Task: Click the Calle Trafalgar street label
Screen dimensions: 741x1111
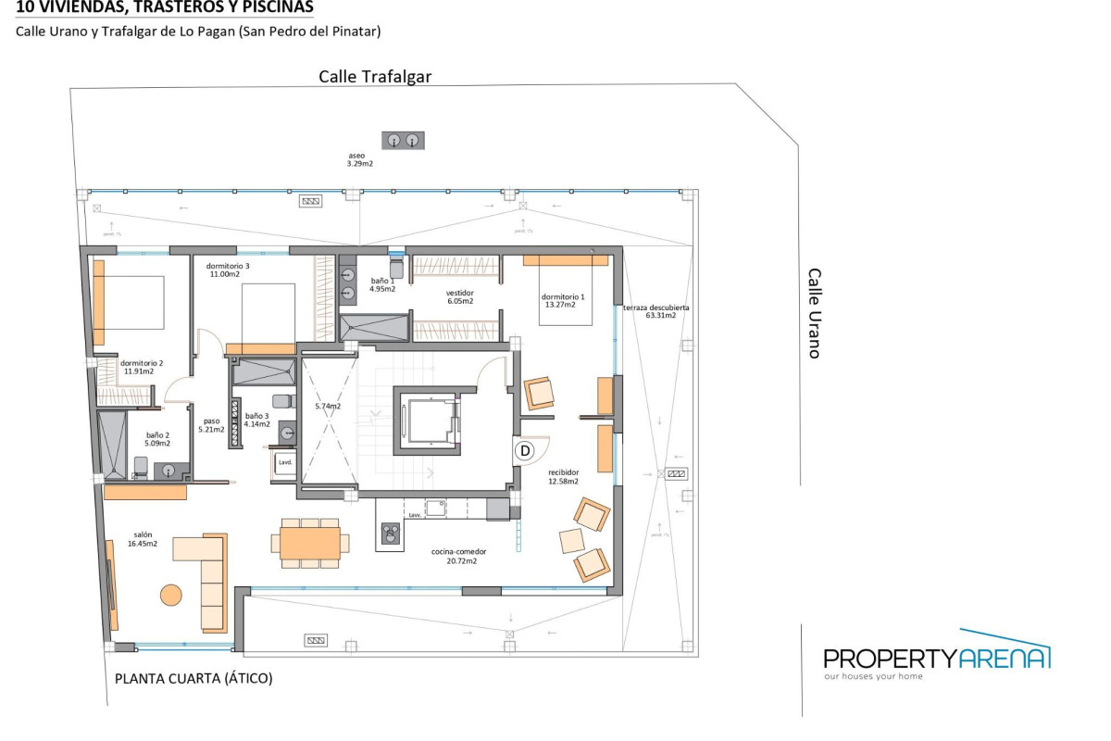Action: [375, 77]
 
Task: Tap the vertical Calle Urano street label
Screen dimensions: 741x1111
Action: [815, 313]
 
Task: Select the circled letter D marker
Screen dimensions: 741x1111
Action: [525, 451]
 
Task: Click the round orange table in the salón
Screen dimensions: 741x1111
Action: [170, 594]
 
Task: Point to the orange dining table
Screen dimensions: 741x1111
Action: [310, 543]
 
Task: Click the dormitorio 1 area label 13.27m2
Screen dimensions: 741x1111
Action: [565, 301]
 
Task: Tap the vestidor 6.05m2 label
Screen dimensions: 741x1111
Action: [460, 296]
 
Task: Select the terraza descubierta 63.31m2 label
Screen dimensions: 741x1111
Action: [655, 311]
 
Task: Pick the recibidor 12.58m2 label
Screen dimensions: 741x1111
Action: [562, 476]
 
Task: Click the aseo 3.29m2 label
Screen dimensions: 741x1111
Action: [359, 159]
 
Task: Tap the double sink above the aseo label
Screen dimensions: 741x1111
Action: [403, 140]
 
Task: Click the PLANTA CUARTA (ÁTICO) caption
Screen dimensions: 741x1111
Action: [193, 678]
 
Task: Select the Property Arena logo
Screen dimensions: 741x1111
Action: [937, 659]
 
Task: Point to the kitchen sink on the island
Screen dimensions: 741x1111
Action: [391, 533]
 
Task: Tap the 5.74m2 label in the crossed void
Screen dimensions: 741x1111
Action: [328, 407]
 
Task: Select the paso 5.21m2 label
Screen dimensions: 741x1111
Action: [212, 424]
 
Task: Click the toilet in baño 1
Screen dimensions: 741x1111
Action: [395, 268]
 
